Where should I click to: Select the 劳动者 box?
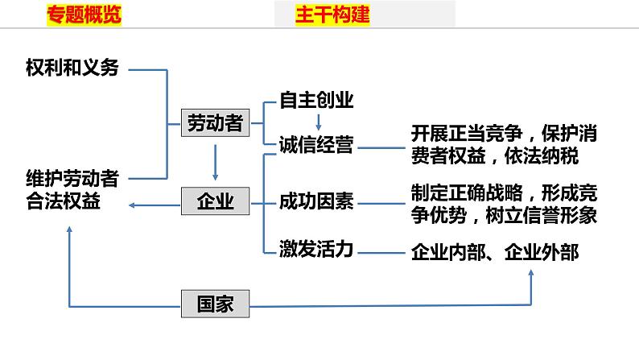pyautogui.click(x=214, y=123)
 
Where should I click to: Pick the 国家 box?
pyautogui.click(x=215, y=304)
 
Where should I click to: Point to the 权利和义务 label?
pyautogui.click(x=72, y=68)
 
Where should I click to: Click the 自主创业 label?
pyautogui.click(x=316, y=101)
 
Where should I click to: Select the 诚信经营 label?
pyautogui.click(x=316, y=145)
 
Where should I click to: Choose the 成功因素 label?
pyautogui.click(x=316, y=201)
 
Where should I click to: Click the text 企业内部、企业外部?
pyautogui.click(x=494, y=252)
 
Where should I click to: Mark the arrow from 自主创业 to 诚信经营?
pyautogui.click(x=318, y=122)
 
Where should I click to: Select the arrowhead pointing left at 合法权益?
pyautogui.click(x=133, y=205)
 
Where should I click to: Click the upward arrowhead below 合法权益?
pyautogui.click(x=70, y=230)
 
